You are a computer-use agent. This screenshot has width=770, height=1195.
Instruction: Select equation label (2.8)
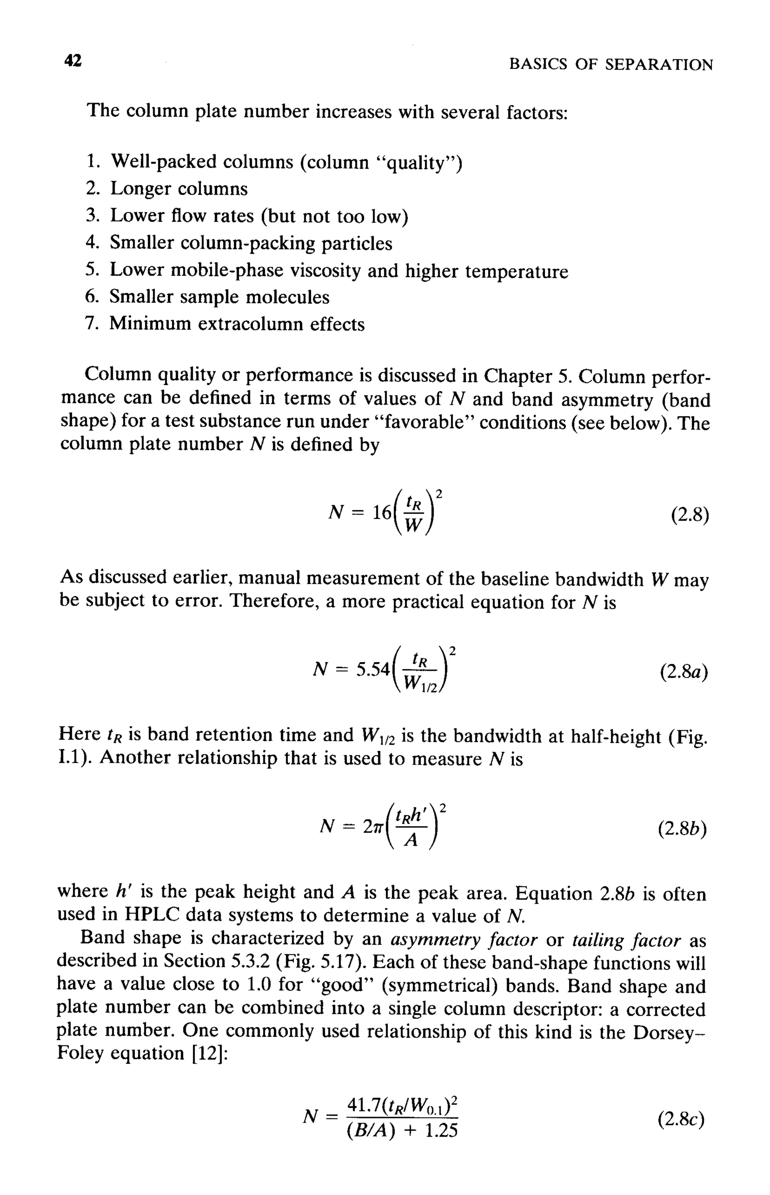[690, 514]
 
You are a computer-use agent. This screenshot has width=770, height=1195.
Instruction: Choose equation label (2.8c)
[681, 1119]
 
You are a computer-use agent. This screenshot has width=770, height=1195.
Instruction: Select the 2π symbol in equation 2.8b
[373, 827]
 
